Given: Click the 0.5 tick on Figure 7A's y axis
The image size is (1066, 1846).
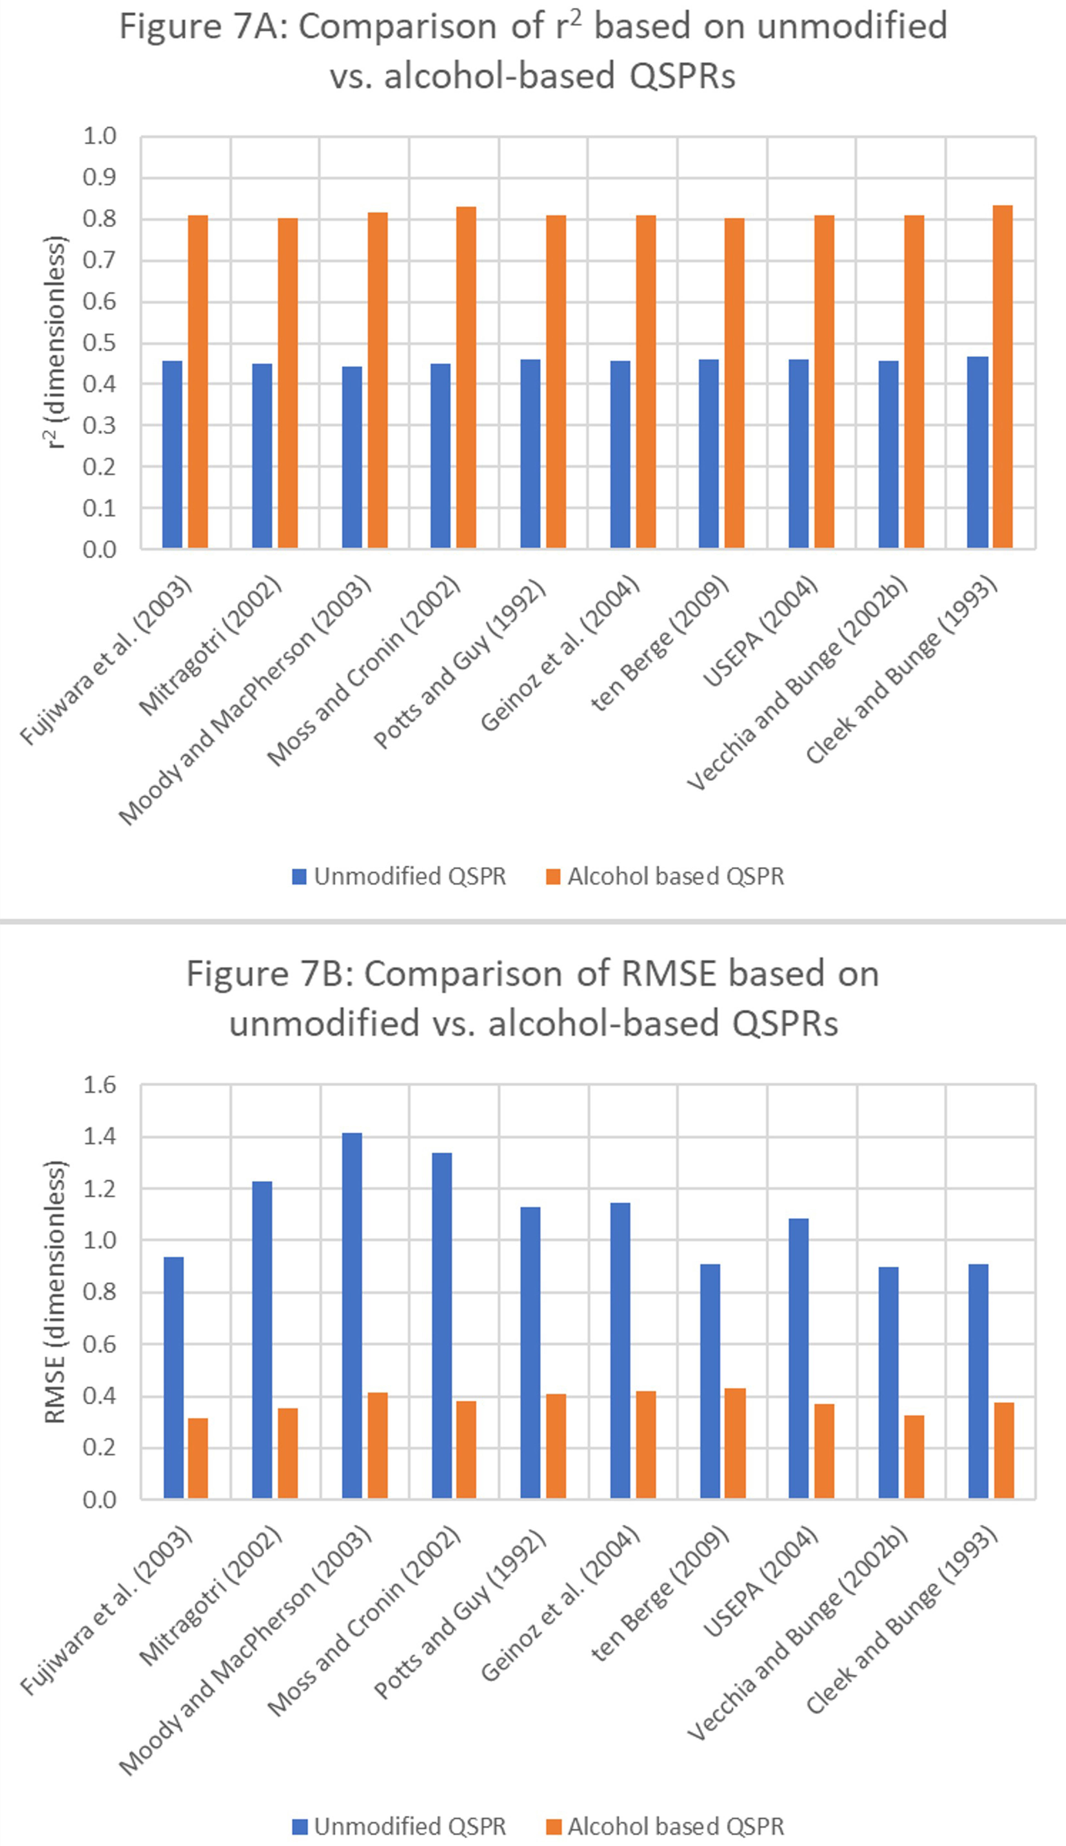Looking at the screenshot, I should point(99,343).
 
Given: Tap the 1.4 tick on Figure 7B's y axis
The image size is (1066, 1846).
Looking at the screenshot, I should point(99,1136).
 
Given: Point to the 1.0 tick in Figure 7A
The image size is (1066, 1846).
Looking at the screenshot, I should point(99,136).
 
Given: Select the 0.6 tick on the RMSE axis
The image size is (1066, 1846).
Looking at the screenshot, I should point(99,1344).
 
